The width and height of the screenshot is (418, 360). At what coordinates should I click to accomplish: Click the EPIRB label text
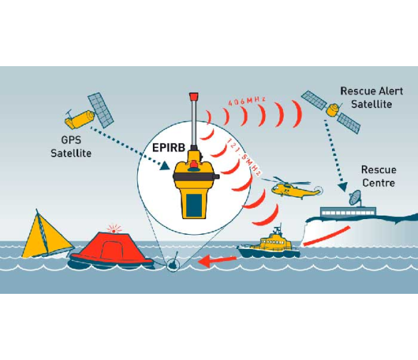click(x=168, y=147)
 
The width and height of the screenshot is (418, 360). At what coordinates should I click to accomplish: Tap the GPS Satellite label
click(x=71, y=147)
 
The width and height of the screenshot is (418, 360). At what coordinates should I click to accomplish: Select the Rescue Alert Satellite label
click(x=372, y=97)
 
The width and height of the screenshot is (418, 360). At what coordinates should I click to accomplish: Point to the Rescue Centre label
click(x=378, y=176)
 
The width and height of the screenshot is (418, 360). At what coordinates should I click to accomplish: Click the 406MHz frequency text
click(x=247, y=101)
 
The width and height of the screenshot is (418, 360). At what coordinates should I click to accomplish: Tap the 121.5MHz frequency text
click(x=243, y=157)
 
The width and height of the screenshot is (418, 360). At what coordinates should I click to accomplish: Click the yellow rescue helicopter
click(x=293, y=187)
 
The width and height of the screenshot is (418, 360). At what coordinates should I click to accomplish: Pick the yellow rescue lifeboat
click(x=269, y=243)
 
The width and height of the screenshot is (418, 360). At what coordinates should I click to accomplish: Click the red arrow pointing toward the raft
click(x=217, y=260)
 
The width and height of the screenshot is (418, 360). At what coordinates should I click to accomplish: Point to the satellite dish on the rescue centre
click(x=355, y=198)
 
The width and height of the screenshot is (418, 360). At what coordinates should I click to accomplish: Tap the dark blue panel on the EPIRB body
click(x=194, y=206)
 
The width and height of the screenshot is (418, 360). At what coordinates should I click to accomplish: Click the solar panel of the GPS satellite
click(x=101, y=110)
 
